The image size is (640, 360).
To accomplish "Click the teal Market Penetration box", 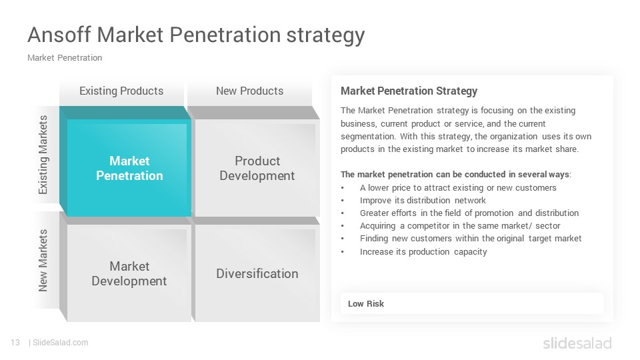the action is tap(126, 161).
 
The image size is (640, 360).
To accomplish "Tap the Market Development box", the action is tap(126, 269).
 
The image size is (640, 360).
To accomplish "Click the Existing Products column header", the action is tap(121, 91).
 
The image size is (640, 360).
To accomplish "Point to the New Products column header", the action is tap(249, 91).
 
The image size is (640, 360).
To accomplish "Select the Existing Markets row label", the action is tap(43, 155).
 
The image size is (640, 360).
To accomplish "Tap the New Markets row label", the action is tap(43, 261).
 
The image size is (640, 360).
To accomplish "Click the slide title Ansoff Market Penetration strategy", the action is tap(196, 35).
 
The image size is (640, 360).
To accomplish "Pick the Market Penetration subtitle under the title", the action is tap(65, 58).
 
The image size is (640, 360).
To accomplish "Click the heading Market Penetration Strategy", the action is tap(409, 91).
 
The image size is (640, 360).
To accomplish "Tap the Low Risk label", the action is tap(366, 304).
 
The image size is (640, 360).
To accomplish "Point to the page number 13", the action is tap(15, 343).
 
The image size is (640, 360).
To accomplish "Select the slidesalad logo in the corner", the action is tap(577, 343).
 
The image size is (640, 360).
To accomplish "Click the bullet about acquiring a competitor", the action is tap(460, 226).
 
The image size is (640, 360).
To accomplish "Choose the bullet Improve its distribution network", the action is tap(423, 201).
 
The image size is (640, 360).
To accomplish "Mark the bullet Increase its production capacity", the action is tap(423, 251).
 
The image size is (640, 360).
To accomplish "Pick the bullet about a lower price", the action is tap(458, 188).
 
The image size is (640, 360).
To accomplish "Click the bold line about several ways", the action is tap(456, 175).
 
